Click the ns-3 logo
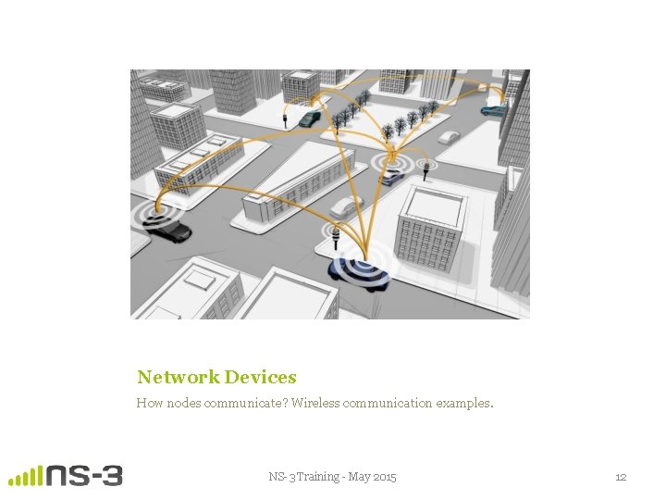tap(66, 475)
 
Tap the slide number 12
tap(621, 477)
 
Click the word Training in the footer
tap(314, 477)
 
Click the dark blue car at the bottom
tap(358, 273)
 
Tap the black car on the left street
tap(171, 231)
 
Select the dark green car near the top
tap(309, 119)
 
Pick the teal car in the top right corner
tap(493, 111)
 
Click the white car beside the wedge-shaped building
tap(346, 206)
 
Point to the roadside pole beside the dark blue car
tap(335, 243)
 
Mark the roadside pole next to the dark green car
tap(286, 119)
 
